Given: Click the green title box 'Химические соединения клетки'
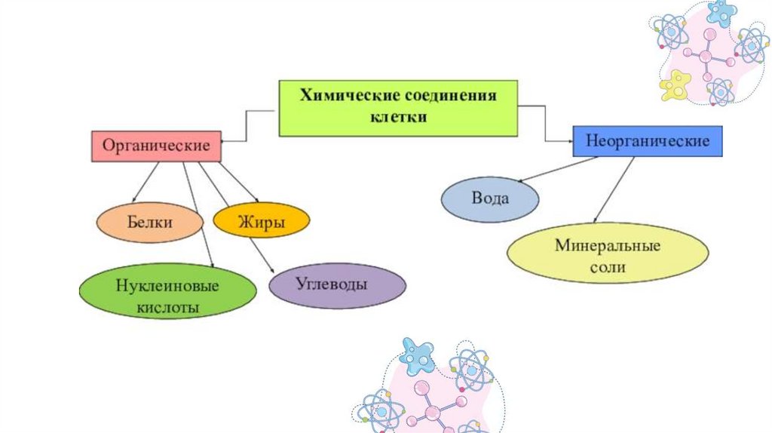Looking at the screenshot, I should [398, 108].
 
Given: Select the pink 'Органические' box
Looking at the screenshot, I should [157, 146].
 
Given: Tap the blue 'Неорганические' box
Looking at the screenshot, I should [648, 141].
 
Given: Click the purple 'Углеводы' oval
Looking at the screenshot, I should [338, 286].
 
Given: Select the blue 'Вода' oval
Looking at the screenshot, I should [490, 200].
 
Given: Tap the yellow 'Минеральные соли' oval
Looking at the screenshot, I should [607, 256].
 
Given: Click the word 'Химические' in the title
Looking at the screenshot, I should [344, 97].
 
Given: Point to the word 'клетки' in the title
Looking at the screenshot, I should [398, 117].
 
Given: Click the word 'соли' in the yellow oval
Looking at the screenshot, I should [608, 266].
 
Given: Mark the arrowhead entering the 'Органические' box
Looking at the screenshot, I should [225, 140].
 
